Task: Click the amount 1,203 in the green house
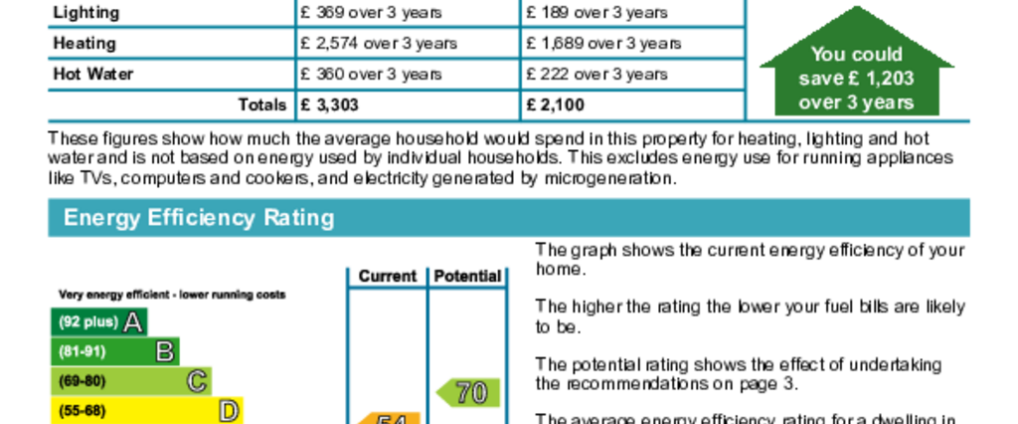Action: (x=887, y=79)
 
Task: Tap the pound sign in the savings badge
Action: (x=852, y=79)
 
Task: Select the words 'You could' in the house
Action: (x=856, y=55)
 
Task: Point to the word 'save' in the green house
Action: (x=820, y=79)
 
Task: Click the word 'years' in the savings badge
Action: (x=887, y=103)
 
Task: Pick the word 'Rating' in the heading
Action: (x=298, y=218)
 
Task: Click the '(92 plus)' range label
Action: (x=88, y=322)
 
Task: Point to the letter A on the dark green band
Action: (x=132, y=321)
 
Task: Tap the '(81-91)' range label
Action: (x=83, y=351)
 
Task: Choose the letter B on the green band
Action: (x=165, y=351)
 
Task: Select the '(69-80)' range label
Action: (x=83, y=381)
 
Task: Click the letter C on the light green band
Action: (x=197, y=381)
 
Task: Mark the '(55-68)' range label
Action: (x=83, y=411)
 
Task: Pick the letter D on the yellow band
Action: (x=229, y=411)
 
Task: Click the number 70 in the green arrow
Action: (x=471, y=393)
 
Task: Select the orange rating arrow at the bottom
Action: (x=388, y=418)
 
